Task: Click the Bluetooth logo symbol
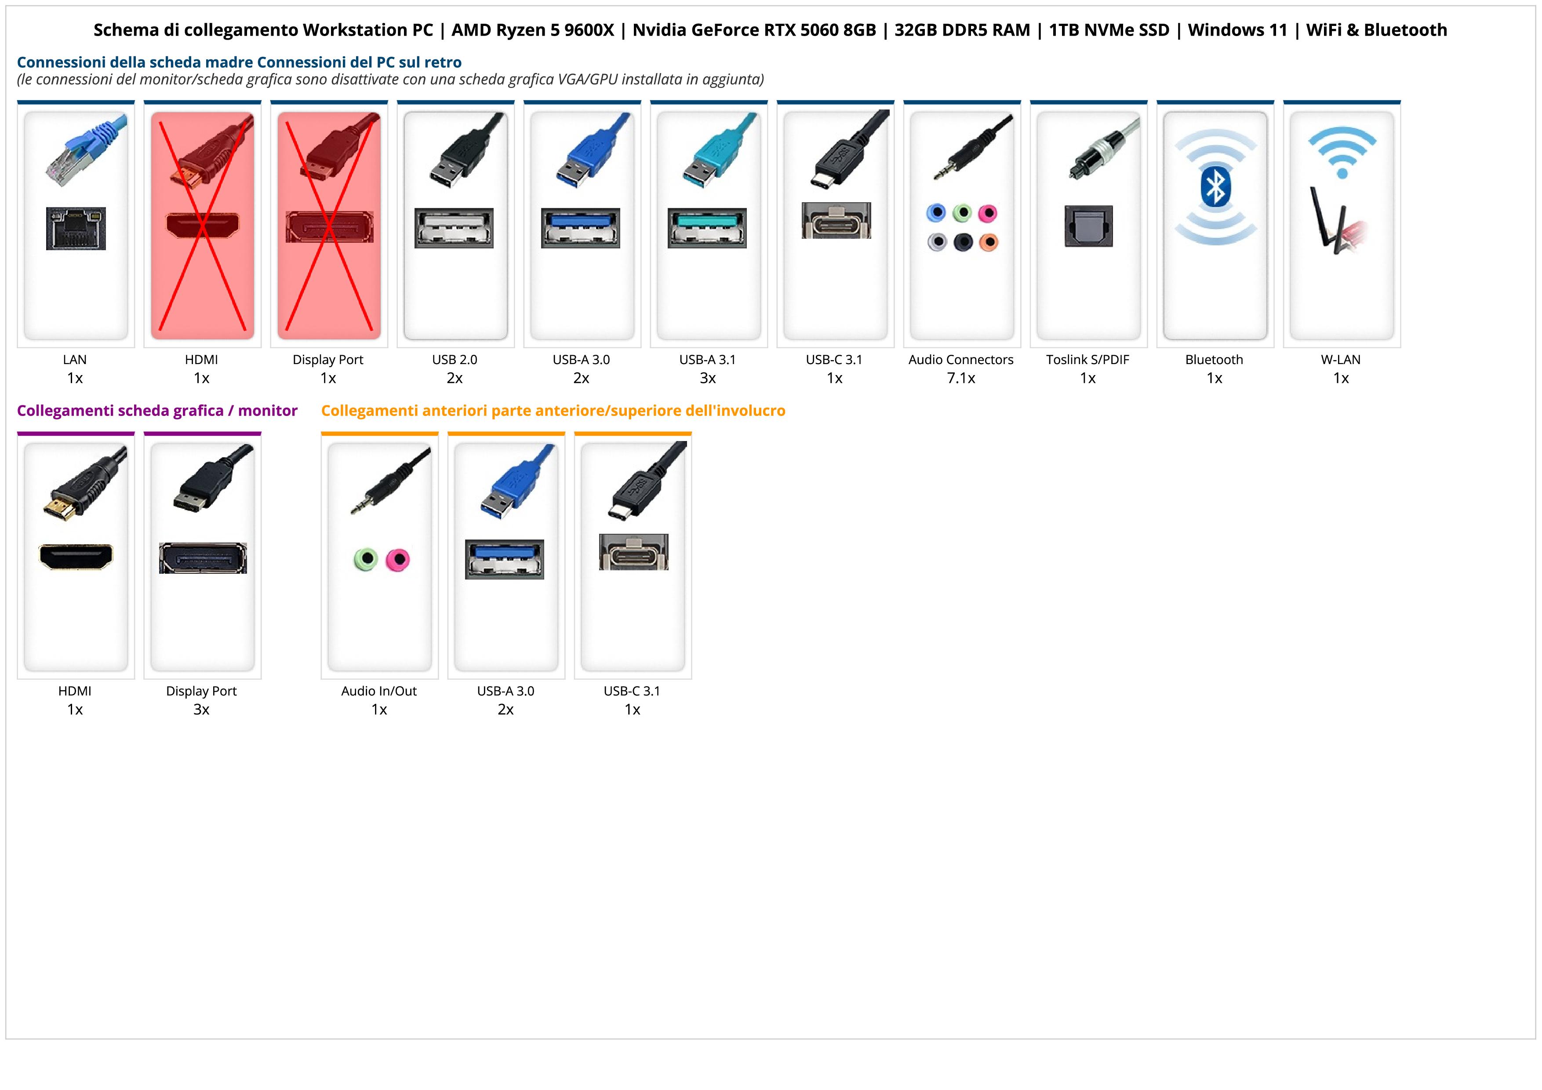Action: [x=1215, y=187]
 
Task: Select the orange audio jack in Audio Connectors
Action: [x=988, y=242]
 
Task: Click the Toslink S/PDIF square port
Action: [x=1088, y=226]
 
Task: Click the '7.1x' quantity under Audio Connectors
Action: [x=961, y=378]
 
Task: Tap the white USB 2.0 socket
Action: [x=454, y=228]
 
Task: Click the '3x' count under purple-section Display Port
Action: [x=201, y=709]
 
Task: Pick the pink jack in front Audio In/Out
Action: [x=398, y=559]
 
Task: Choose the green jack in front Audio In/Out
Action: [x=365, y=559]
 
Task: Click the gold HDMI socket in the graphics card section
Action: [x=76, y=557]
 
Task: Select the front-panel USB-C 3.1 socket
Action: [x=633, y=552]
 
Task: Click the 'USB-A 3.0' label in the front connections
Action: [x=506, y=691]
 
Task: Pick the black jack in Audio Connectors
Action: [x=962, y=242]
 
